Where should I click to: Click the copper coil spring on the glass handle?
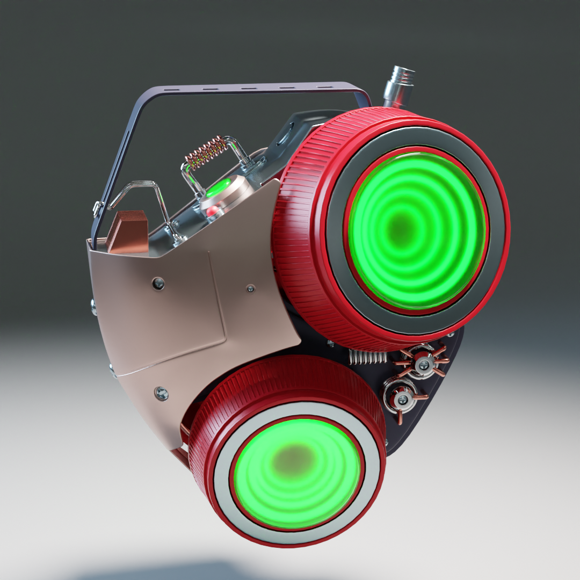click(x=205, y=149)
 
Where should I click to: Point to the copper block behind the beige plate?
click(x=129, y=231)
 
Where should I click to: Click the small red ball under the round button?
click(x=213, y=210)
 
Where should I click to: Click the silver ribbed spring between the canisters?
click(x=368, y=357)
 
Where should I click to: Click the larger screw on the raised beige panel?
click(x=158, y=284)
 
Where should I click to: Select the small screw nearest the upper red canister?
click(x=250, y=288)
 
